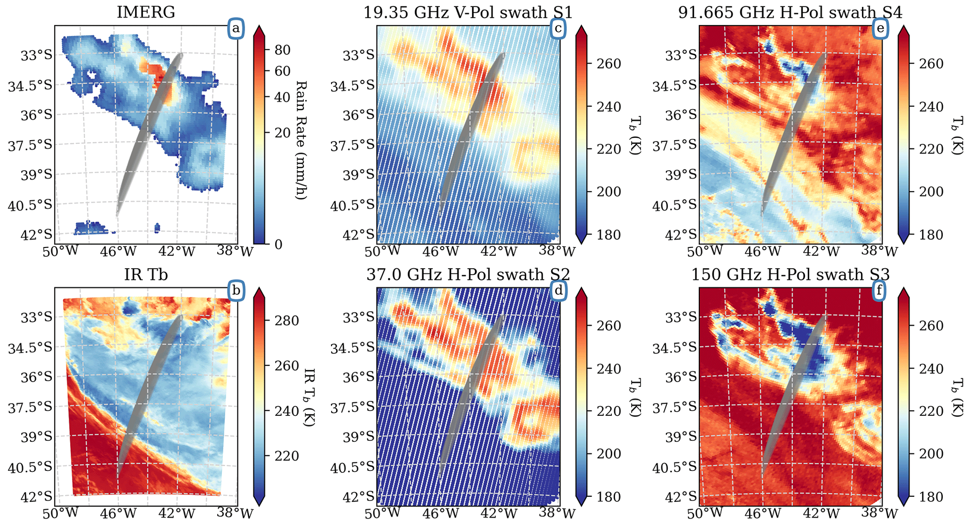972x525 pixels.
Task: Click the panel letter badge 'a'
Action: click(x=236, y=29)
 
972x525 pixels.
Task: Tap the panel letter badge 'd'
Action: click(x=558, y=291)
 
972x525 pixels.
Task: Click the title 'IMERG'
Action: click(x=146, y=12)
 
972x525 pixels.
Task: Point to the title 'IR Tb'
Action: click(x=146, y=274)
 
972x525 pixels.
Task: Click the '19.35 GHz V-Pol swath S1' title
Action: click(x=468, y=12)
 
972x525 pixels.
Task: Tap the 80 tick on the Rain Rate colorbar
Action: click(x=282, y=50)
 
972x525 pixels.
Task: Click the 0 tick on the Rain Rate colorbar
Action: click(x=278, y=244)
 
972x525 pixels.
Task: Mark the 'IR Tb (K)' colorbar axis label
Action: click(x=308, y=397)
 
